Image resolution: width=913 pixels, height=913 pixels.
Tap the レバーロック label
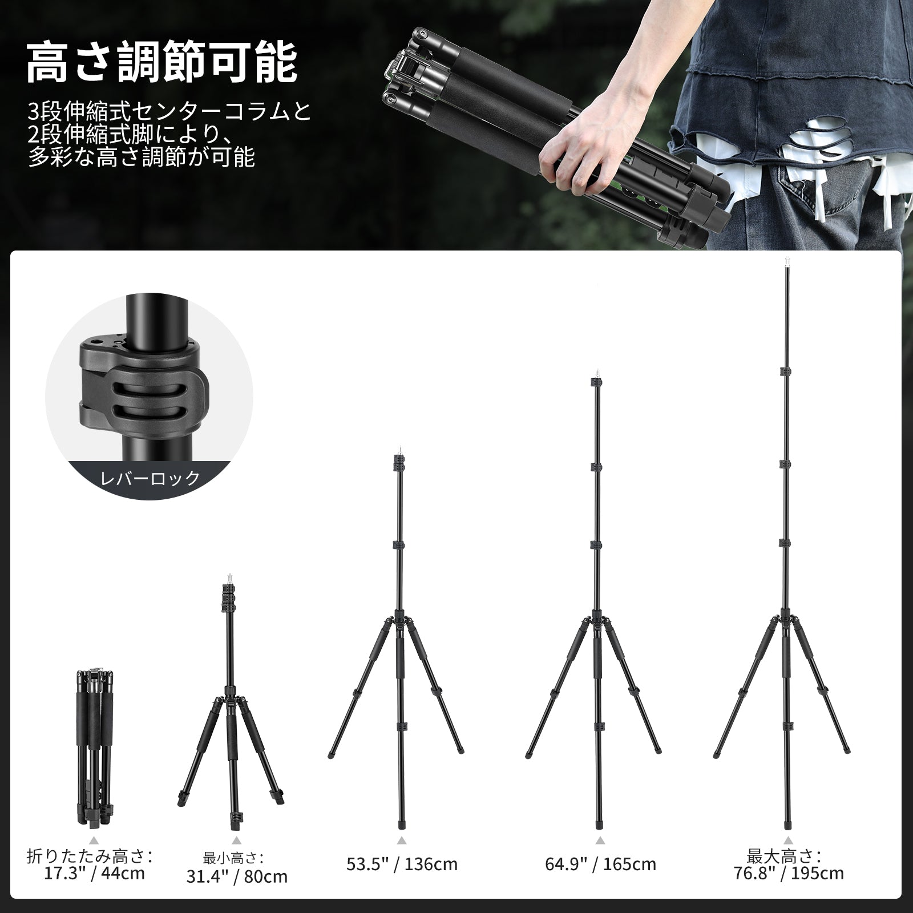tap(150, 477)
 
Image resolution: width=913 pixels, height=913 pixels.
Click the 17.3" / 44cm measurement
tap(95, 889)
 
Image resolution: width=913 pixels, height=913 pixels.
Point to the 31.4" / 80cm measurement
tap(237, 892)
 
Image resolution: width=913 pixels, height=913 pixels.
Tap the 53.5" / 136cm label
tap(402, 880)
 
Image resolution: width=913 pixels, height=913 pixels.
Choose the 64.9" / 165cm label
tap(600, 880)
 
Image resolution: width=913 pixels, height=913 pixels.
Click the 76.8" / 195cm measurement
tap(789, 889)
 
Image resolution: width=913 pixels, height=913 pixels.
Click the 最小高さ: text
tap(233, 874)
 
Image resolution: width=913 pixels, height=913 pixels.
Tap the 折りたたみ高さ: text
tap(90, 872)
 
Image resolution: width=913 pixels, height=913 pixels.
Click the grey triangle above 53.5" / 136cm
tap(402, 856)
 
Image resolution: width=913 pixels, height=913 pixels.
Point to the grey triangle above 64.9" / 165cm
tap(600, 856)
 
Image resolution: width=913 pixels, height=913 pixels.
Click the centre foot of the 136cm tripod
tap(401, 825)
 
